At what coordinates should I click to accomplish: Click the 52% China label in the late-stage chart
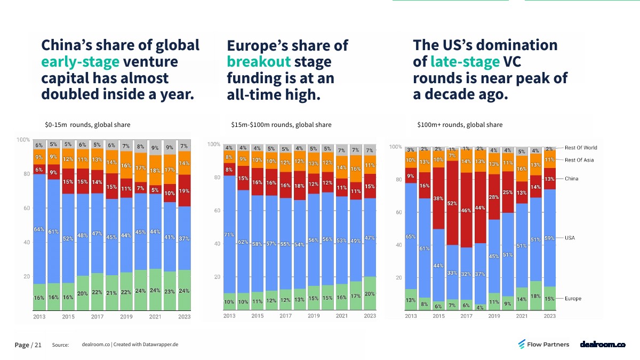[x=452, y=203]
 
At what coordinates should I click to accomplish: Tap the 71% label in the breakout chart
[x=229, y=235]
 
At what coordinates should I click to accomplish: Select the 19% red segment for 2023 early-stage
[x=185, y=190]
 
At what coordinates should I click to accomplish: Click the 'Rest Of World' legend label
[x=581, y=148]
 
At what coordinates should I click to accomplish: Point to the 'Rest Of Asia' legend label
[x=579, y=160]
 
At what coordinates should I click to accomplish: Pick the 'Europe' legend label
[x=573, y=299]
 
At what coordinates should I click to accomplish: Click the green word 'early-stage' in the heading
[x=81, y=62]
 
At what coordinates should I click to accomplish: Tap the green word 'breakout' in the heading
[x=259, y=62]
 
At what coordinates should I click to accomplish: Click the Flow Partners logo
[x=543, y=345]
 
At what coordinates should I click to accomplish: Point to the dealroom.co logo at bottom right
[x=603, y=345]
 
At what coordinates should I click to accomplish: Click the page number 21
[x=37, y=345]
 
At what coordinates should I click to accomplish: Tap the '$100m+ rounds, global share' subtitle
[x=460, y=125]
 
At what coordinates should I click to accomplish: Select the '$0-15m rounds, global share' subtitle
[x=87, y=125]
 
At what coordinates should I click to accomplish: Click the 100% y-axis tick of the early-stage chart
[x=23, y=140]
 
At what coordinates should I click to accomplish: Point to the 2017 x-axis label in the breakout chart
[x=285, y=316]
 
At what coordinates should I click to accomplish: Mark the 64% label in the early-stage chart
[x=39, y=230]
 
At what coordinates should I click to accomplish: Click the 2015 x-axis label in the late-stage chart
[x=438, y=316]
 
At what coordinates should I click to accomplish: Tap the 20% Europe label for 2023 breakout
[x=369, y=294]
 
